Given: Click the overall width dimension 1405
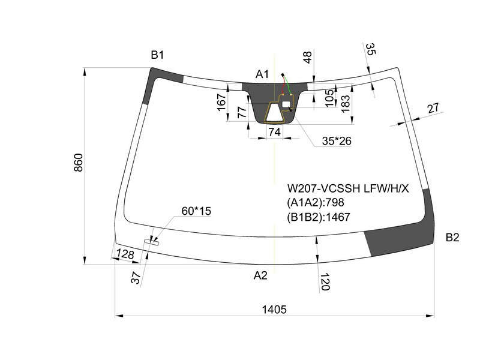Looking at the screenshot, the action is [274, 310].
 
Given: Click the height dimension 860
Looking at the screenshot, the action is [79, 163].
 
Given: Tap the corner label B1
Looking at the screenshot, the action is [157, 55].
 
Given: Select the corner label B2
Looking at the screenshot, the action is [452, 237].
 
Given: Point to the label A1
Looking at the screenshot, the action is [262, 74].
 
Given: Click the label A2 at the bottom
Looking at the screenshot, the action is [260, 275].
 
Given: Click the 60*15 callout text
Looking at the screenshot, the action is [196, 211].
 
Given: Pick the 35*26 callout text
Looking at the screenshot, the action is [337, 141].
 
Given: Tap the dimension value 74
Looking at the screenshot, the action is [274, 132].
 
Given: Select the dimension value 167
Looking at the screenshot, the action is [221, 102].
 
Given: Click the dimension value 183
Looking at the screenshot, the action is [345, 104].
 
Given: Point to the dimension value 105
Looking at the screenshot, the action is [329, 98].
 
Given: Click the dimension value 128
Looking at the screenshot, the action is [125, 254].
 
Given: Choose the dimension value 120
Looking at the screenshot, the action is [325, 282].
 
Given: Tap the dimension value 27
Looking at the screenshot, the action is [433, 108].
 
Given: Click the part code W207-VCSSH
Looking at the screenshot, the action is [323, 188].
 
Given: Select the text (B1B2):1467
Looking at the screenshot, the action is [319, 217].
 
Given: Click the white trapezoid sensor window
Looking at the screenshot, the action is [275, 112].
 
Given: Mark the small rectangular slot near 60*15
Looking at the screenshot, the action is [152, 242].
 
